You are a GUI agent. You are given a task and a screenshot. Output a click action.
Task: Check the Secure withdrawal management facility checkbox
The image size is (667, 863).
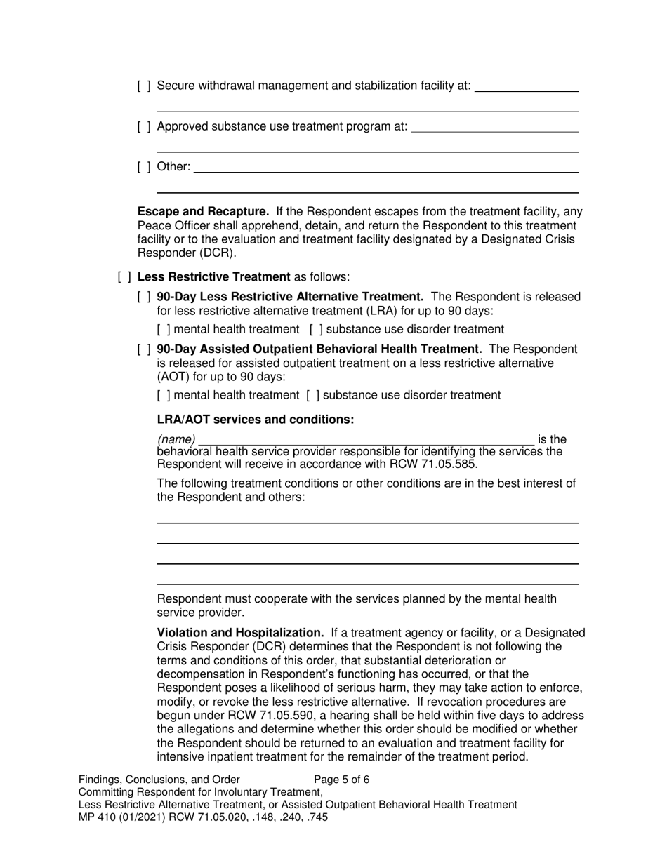pos(144,86)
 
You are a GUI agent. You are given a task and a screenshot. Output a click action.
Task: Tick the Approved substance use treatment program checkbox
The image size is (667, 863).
pos(144,126)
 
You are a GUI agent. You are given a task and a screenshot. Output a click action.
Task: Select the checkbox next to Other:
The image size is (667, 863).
pos(144,167)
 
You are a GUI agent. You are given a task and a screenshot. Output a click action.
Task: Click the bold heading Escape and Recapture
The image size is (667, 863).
pos(203,211)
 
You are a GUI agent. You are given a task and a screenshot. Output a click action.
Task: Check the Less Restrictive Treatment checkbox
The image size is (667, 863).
pos(124,276)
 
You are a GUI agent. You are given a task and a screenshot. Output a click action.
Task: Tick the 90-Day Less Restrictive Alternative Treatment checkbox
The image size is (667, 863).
pos(144,297)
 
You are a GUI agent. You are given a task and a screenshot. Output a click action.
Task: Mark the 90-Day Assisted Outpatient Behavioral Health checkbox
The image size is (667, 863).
pos(144,349)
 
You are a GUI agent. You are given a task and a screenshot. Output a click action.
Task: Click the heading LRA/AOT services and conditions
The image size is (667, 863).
pos(255,420)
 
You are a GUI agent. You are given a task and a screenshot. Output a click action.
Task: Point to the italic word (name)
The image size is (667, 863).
pos(176,440)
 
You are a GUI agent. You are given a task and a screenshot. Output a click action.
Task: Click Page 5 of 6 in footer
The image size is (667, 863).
pos(341,780)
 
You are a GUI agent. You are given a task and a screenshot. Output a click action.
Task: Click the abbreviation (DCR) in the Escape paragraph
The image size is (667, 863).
pos(215,253)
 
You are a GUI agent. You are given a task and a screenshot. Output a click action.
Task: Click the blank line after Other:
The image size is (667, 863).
pos(385,168)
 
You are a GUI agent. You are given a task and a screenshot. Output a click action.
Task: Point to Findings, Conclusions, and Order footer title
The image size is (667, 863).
pos(159,780)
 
